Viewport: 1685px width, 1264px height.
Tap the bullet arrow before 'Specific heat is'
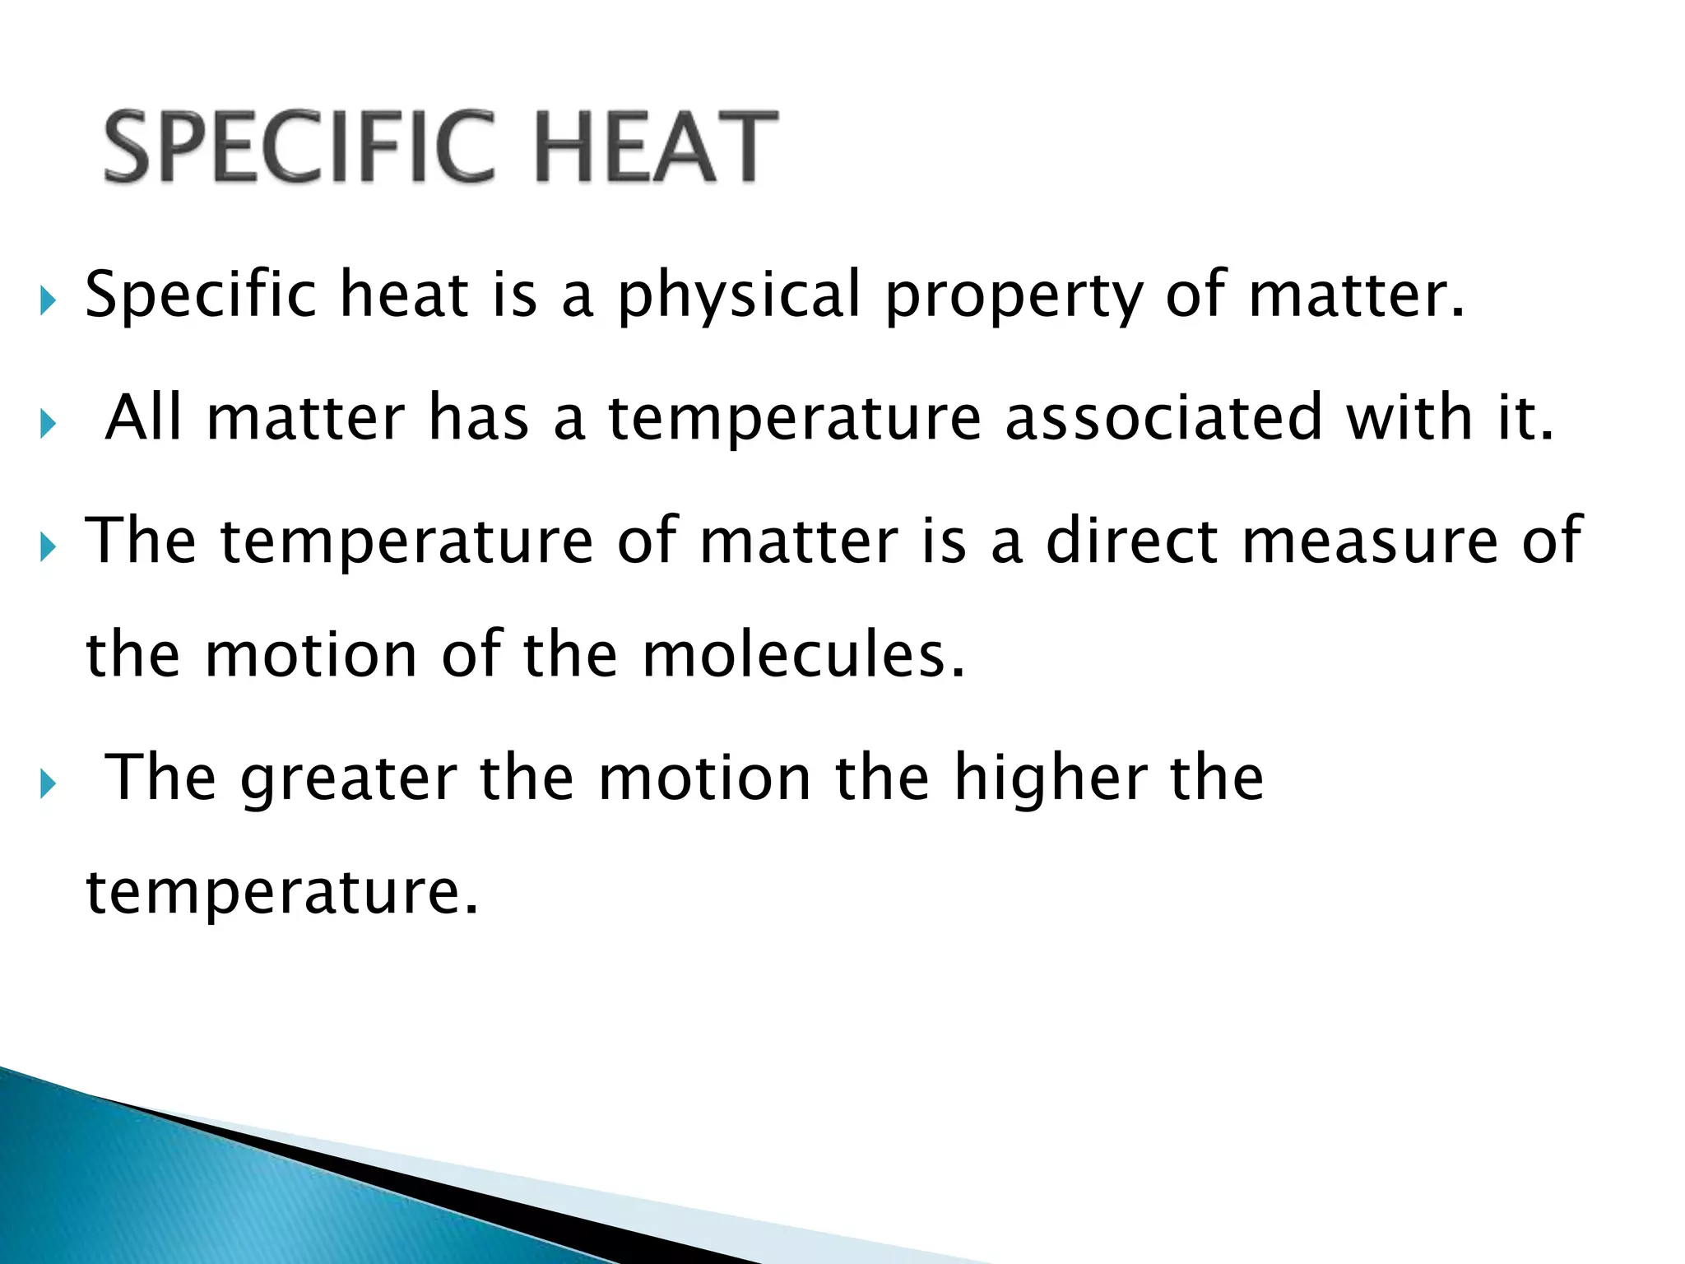click(x=48, y=302)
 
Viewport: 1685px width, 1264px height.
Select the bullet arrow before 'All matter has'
click(x=48, y=425)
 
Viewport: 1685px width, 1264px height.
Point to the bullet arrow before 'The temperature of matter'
click(x=48, y=546)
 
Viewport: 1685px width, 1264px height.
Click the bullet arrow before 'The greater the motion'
click(x=48, y=784)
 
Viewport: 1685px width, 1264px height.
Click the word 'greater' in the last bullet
click(x=349, y=779)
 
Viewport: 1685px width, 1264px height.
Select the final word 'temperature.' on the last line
click(x=281, y=893)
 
